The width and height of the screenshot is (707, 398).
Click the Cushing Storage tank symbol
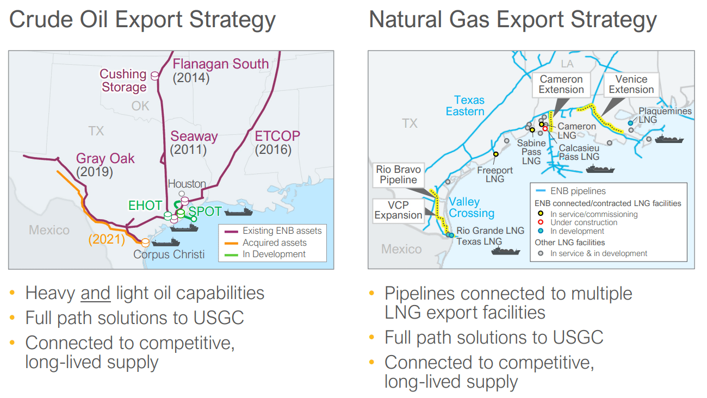coord(154,76)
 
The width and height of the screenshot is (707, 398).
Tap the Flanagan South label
coord(221,64)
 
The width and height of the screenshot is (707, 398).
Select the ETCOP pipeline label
coord(277,136)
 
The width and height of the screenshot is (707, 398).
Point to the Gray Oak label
coord(106,158)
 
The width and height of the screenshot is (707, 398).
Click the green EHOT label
coord(145,206)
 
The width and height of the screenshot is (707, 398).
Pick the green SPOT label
coord(205,211)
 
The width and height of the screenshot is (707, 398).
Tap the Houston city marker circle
coord(182,194)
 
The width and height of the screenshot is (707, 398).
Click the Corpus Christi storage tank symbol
coord(145,242)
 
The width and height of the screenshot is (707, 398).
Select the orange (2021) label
coord(107,239)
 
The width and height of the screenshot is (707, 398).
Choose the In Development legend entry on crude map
coord(265,254)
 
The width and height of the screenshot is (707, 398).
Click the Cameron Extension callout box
coord(561,84)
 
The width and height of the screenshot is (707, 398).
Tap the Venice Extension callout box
coord(631,84)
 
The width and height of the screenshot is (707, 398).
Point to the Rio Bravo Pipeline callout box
coord(398,175)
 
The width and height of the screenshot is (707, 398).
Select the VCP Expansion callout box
coord(398,210)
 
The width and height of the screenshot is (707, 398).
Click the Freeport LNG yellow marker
coord(496,154)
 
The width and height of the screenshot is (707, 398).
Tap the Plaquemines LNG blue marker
coord(630,123)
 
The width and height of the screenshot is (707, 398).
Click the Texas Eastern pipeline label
coord(465,105)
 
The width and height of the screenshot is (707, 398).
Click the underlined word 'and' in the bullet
coord(95,293)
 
